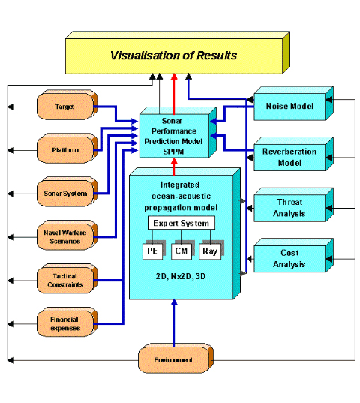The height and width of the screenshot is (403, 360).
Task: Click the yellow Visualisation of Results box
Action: [x=178, y=53]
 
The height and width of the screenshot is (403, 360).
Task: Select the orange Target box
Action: [x=67, y=104]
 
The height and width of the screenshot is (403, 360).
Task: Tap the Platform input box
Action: [x=67, y=149]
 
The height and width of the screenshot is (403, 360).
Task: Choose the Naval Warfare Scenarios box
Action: [x=67, y=235]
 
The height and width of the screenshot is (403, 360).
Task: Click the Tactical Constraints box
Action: [x=67, y=278]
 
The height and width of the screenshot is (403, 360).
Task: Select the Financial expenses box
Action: [x=67, y=322]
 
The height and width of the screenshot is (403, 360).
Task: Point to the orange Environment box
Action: [x=176, y=358]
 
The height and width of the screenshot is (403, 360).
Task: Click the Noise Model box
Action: [x=293, y=104]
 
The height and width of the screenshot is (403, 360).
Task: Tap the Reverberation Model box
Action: [x=293, y=154]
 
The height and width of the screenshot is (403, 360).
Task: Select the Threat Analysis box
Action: [x=293, y=205]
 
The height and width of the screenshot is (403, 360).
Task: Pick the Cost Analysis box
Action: [x=293, y=255]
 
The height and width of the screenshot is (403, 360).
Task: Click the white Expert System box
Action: [x=181, y=223]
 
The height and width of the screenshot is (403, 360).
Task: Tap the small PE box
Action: [x=152, y=251]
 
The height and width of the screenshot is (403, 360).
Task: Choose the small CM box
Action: [x=181, y=251]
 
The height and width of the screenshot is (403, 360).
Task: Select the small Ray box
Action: [x=210, y=251]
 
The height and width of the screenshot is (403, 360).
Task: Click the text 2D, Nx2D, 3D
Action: [x=181, y=276]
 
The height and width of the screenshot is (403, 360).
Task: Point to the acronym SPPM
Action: [x=173, y=152]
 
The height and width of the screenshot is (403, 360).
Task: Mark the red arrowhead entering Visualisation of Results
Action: [x=174, y=77]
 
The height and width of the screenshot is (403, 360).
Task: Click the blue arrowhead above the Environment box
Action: [x=174, y=302]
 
